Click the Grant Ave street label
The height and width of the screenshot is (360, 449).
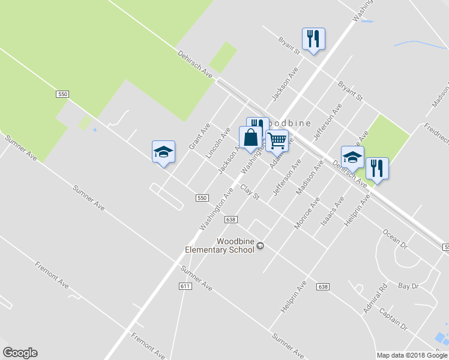200,136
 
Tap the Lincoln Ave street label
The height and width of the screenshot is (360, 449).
218,142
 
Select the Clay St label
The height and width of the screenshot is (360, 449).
249,193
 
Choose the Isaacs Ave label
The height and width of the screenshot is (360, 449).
332,211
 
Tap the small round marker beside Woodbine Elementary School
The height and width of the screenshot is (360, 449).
261,246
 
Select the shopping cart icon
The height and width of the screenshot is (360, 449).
277,141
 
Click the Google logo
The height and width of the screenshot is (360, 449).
20,353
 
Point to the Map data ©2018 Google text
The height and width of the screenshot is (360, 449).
412,355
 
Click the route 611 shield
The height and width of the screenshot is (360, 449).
185,286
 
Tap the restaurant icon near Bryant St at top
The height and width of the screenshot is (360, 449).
313,39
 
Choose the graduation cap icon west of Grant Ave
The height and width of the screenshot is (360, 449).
163,152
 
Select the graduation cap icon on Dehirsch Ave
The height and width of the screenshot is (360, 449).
352,157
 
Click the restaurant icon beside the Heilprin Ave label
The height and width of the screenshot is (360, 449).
377,169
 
